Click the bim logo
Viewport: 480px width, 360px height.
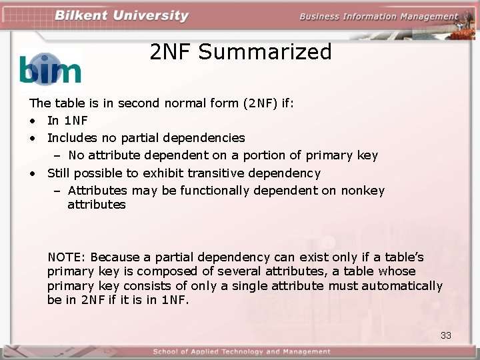tap(50, 69)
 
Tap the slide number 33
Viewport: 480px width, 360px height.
tap(446, 335)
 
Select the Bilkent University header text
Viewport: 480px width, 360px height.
tap(121, 16)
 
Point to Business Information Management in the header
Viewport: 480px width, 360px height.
tap(379, 17)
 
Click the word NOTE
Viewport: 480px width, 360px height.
tap(66, 257)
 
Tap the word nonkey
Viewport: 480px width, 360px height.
tap(363, 191)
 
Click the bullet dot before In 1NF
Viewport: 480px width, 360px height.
tap(32, 121)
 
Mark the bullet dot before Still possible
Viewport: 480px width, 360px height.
tap(32, 173)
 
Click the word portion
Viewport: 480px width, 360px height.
tap(266, 155)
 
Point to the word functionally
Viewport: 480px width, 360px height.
tap(219, 191)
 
